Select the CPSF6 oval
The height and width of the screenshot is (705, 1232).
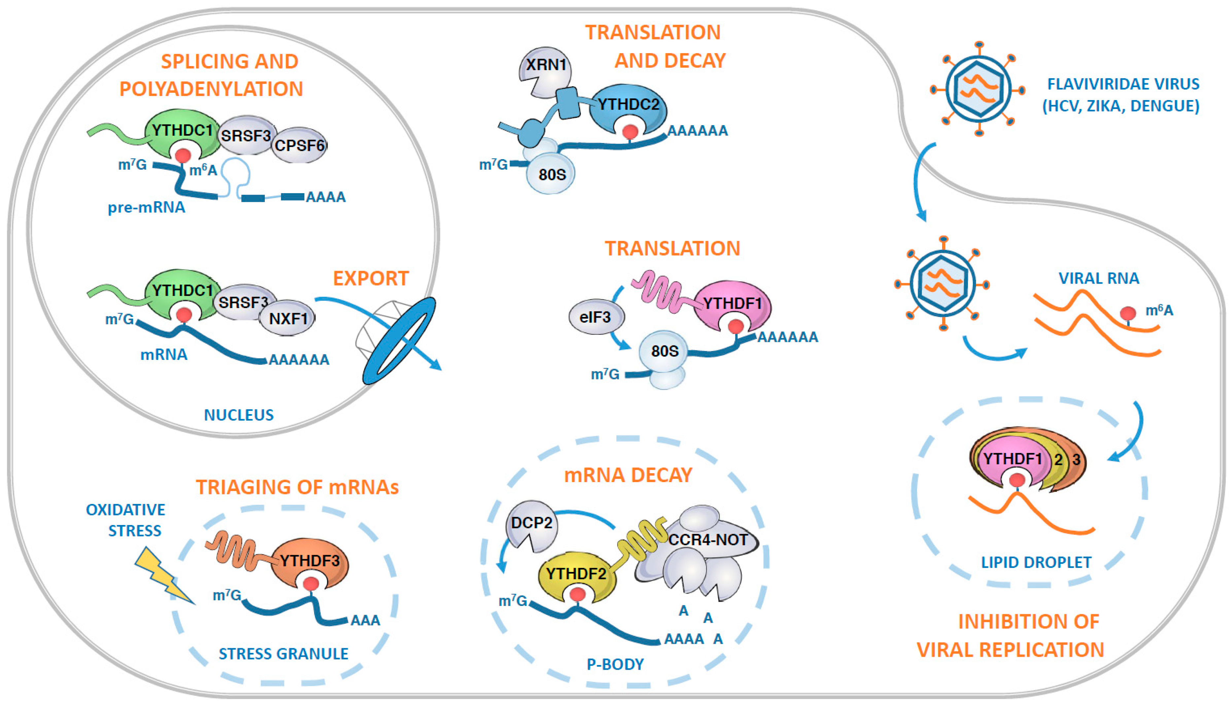pyautogui.click(x=299, y=145)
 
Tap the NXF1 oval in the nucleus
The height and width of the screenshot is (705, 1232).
pyautogui.click(x=288, y=318)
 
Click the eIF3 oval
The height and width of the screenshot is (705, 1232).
pyautogui.click(x=595, y=317)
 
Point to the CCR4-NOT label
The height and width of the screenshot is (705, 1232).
pyautogui.click(x=708, y=540)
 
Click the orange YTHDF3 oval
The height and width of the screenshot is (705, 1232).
pyautogui.click(x=310, y=562)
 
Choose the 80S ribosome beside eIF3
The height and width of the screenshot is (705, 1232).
pyautogui.click(x=664, y=351)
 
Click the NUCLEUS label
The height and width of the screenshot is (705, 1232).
pyautogui.click(x=239, y=415)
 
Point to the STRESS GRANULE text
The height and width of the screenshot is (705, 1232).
pyautogui.click(x=283, y=654)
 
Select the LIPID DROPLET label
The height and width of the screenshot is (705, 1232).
pyautogui.click(x=1036, y=562)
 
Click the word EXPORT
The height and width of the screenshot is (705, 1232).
pyautogui.click(x=371, y=278)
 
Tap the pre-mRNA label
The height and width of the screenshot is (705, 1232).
pyautogui.click(x=146, y=208)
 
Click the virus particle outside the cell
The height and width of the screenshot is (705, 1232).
pyautogui.click(x=978, y=88)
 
